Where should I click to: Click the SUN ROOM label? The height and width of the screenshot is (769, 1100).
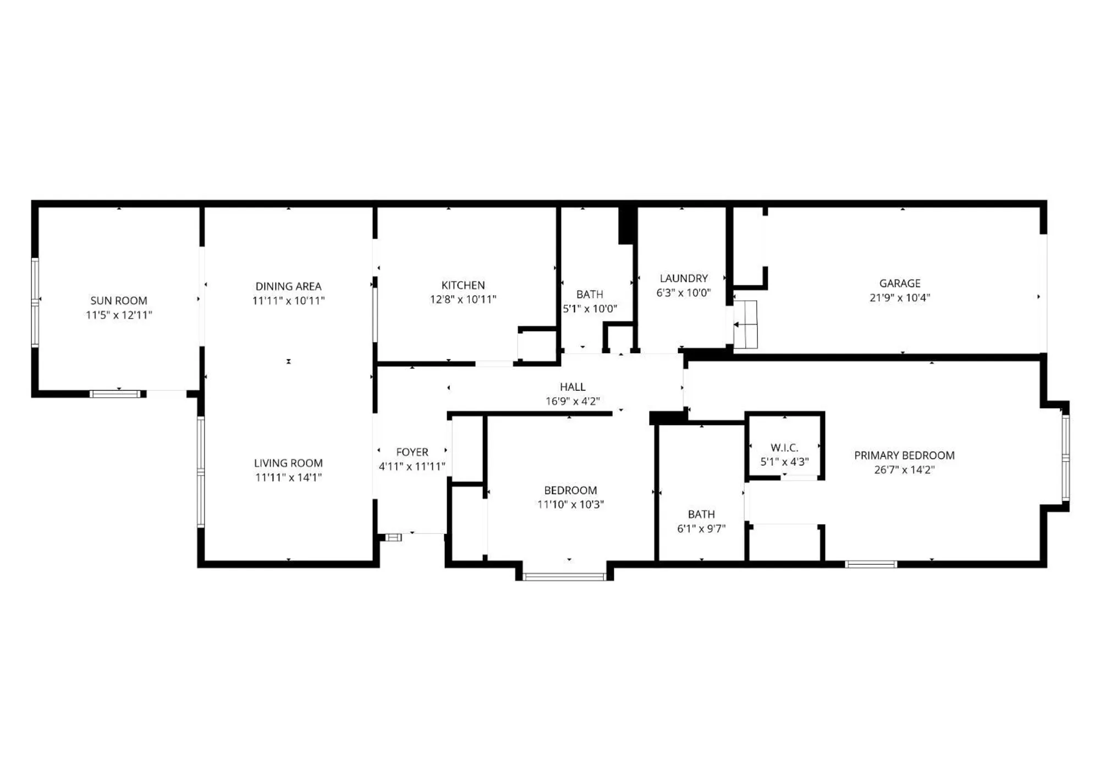coord(119,301)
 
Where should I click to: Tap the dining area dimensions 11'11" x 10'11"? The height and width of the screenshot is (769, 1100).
coord(288,301)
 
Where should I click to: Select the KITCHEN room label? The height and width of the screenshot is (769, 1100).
coord(463,285)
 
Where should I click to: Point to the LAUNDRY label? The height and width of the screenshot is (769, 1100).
coord(684,279)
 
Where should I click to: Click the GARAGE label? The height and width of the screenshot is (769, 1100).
coord(900,283)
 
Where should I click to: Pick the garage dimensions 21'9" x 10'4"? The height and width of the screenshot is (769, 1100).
coord(900,298)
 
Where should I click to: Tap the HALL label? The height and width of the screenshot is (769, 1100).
coord(573,387)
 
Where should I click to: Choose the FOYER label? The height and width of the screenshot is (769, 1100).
coord(412,452)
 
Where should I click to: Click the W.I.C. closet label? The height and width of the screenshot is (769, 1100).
coord(784,448)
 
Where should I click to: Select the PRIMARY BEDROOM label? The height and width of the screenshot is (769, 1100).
coord(904,455)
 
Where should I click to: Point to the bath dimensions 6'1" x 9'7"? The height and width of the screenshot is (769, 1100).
coord(701,528)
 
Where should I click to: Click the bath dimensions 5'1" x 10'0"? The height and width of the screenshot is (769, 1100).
coord(590,309)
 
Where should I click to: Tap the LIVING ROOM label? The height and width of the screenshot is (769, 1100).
coord(288,463)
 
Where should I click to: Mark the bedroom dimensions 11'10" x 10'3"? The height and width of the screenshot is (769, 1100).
coord(570,504)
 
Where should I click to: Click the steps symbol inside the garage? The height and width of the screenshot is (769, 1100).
coord(745,325)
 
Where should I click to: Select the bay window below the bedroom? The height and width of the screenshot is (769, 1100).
coord(564,577)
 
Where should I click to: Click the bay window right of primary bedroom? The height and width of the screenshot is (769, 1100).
coord(1065,458)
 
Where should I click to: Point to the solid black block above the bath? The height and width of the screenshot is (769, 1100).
coord(627,225)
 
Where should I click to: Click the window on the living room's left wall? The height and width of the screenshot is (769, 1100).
coord(201,472)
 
